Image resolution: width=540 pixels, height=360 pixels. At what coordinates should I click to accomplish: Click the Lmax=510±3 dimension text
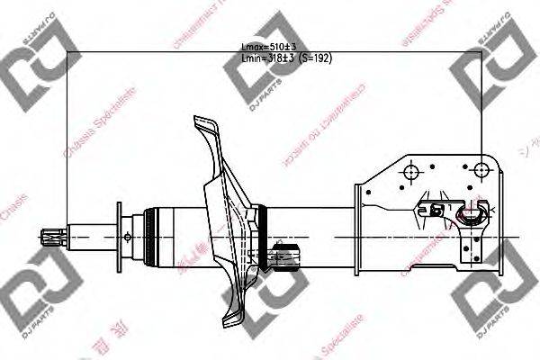268,45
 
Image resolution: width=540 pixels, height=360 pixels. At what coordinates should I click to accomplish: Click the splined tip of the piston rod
49,237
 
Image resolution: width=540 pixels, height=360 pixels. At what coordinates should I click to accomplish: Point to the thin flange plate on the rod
118,237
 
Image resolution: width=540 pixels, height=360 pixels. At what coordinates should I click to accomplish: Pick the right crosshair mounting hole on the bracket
482,170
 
